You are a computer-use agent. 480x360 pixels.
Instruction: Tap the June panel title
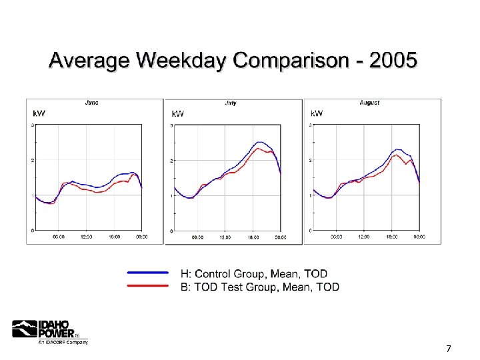92,103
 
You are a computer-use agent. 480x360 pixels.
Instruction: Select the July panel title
231,103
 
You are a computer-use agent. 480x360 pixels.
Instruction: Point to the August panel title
369,103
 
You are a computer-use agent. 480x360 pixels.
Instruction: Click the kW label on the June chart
39,113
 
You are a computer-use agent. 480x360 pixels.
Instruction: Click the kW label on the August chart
317,113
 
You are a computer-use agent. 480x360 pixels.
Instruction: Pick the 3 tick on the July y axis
171,125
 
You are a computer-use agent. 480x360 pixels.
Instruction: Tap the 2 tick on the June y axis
33,160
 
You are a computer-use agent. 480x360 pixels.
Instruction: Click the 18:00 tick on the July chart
253,237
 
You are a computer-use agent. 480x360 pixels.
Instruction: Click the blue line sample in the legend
147,273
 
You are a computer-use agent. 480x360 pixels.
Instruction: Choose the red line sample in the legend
147,285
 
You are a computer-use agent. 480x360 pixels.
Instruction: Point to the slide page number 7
449,349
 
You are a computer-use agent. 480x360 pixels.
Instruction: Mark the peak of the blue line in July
261,142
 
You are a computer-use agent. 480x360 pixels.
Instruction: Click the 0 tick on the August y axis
311,231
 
